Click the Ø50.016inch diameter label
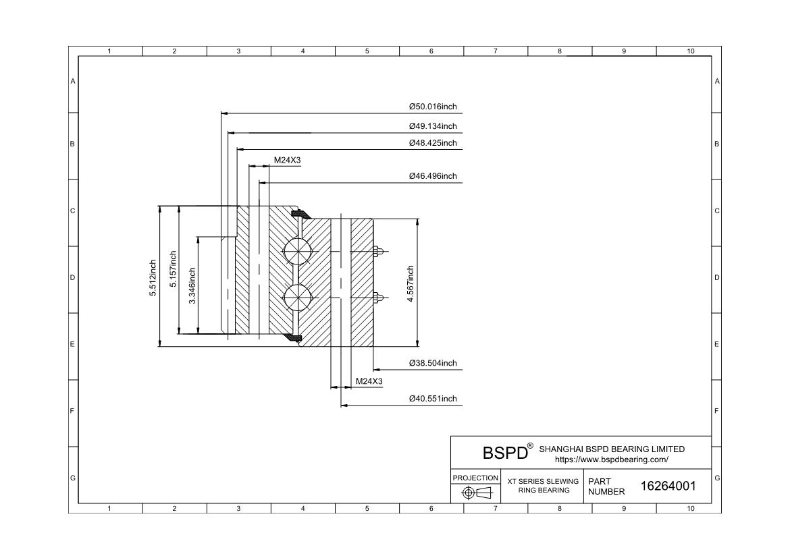pyautogui.click(x=433, y=107)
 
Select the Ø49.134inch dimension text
pyautogui.click(x=433, y=126)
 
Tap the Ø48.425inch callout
pyautogui.click(x=433, y=143)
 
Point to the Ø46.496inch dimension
pyautogui.click(x=433, y=176)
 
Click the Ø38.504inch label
pyautogui.click(x=433, y=363)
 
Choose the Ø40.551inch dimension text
pyautogui.click(x=433, y=399)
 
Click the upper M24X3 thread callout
pyautogui.click(x=287, y=161)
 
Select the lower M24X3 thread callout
pyautogui.click(x=369, y=381)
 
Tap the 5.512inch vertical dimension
pyautogui.click(x=153, y=277)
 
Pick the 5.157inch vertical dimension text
pyautogui.click(x=174, y=269)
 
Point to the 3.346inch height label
pyautogui.click(x=192, y=285)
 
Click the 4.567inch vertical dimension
pyautogui.click(x=411, y=283)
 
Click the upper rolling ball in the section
pyautogui.click(x=297, y=250)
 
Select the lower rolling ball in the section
pyautogui.click(x=297, y=298)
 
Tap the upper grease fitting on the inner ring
pyautogui.click(x=379, y=251)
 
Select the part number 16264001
pyautogui.click(x=668, y=486)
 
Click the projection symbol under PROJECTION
pyautogui.click(x=477, y=493)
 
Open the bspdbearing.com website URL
pyautogui.click(x=612, y=459)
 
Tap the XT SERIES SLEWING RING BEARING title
pyautogui.click(x=543, y=486)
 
